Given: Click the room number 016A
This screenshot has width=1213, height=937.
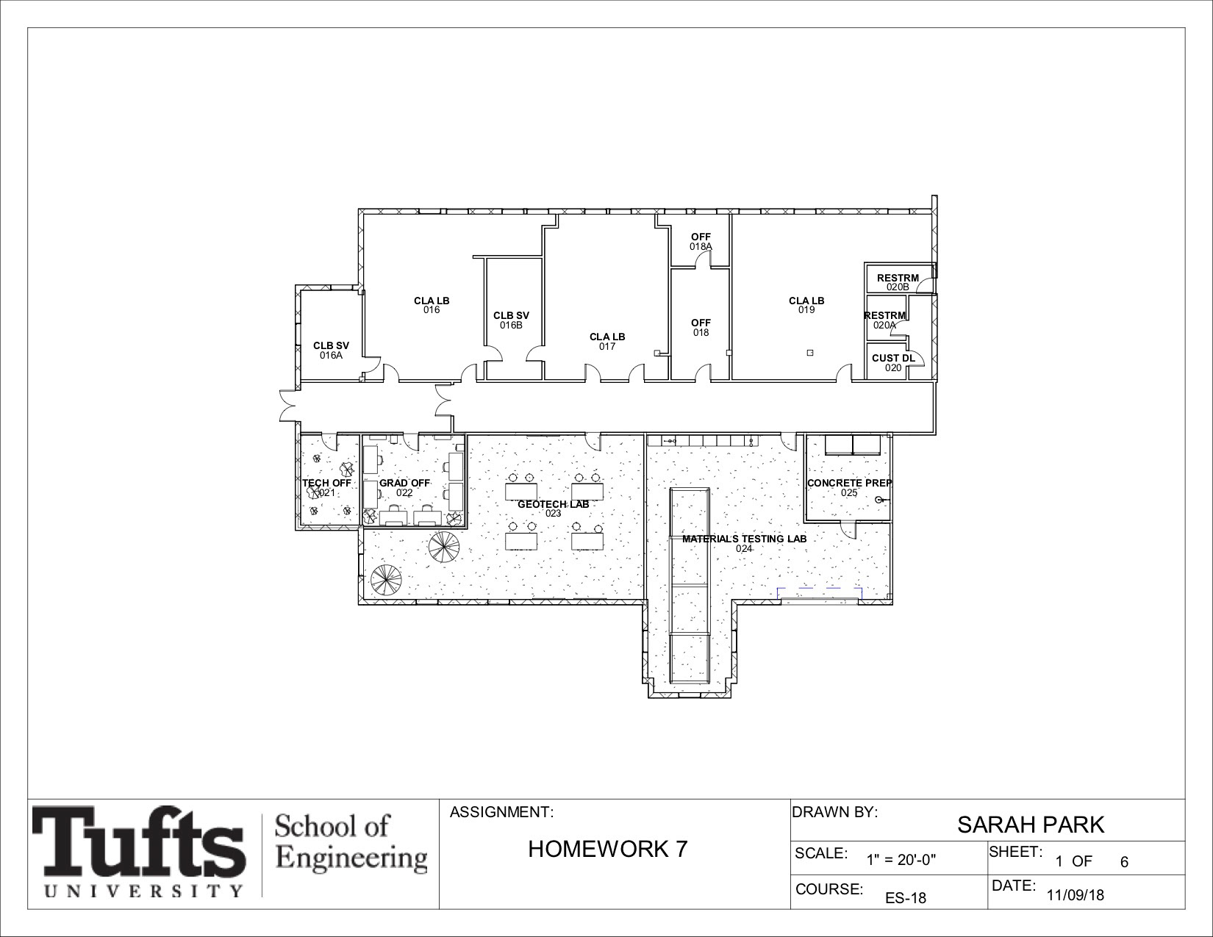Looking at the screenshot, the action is click(331, 355).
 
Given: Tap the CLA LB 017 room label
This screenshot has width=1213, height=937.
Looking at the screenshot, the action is click(607, 342).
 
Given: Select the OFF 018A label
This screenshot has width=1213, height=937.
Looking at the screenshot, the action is click(701, 242).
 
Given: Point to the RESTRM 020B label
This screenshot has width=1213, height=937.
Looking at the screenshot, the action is click(898, 282).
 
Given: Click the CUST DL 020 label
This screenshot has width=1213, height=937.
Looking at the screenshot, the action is click(893, 363).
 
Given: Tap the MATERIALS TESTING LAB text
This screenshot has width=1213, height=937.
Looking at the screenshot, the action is click(744, 539).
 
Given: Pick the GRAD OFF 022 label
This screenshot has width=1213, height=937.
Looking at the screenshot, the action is click(404, 488).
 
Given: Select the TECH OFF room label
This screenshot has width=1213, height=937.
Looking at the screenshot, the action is click(326, 483).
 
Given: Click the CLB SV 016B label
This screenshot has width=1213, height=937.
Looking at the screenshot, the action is click(511, 320).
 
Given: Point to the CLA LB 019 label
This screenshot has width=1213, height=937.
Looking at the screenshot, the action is click(806, 305).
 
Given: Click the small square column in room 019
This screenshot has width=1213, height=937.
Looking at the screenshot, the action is click(811, 353).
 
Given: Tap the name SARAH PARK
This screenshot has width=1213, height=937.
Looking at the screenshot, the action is click(1031, 825).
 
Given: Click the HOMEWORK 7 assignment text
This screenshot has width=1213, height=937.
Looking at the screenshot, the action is click(607, 850).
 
